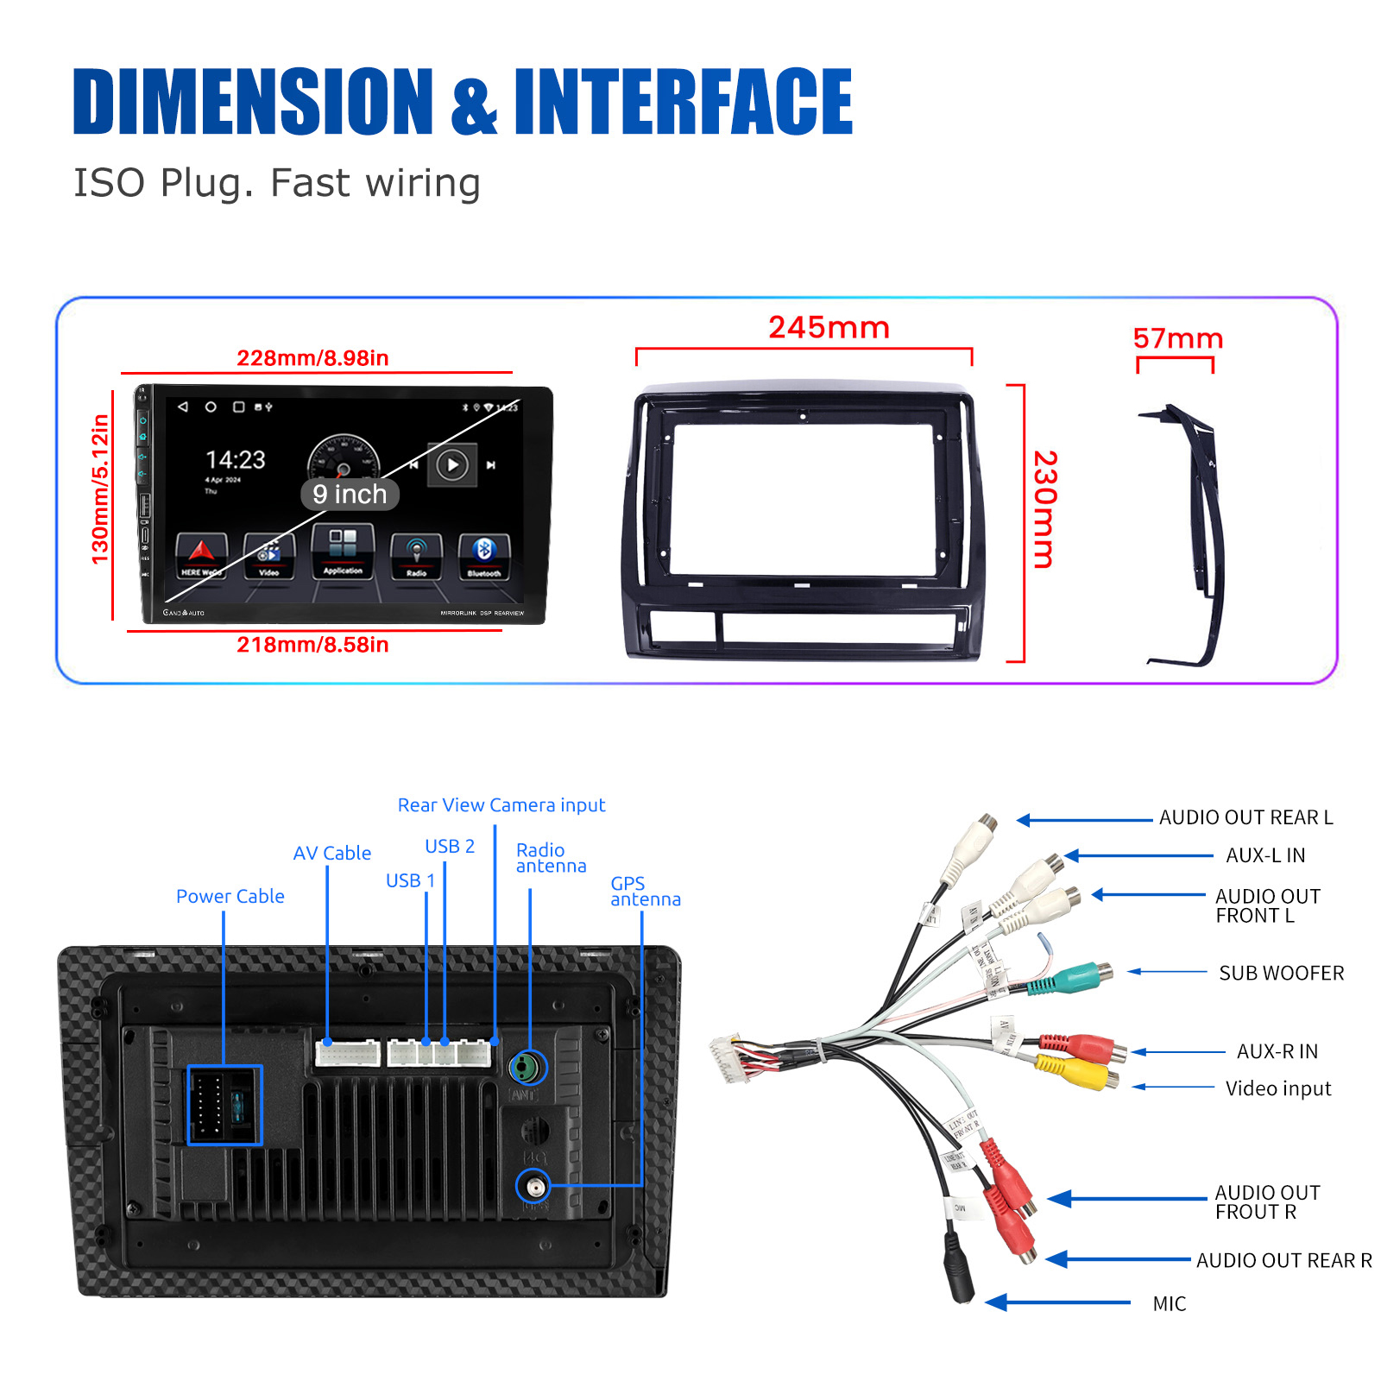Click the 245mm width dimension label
(x=829, y=328)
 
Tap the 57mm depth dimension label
(x=1178, y=338)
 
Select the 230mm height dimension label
(x=1044, y=509)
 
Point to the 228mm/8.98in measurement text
(x=312, y=358)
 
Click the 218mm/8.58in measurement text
(x=312, y=645)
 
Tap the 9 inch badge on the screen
(x=350, y=495)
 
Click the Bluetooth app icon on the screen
(x=484, y=555)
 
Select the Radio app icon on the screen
(x=416, y=555)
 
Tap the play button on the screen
(x=452, y=465)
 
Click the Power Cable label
(x=230, y=897)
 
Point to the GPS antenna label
(x=645, y=892)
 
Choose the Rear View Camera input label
(x=501, y=805)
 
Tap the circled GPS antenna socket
(x=534, y=1187)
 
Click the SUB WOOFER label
(x=1281, y=974)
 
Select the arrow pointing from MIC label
(x=1057, y=1302)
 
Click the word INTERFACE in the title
(x=683, y=102)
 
